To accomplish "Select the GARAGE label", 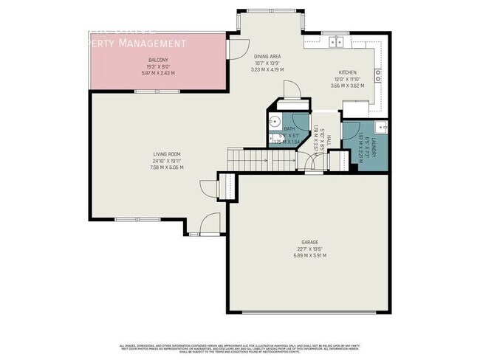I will [309, 242].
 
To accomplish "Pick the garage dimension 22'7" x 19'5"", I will [309, 248].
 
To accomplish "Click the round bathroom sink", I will [272, 123].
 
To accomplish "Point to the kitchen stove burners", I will [377, 74].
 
